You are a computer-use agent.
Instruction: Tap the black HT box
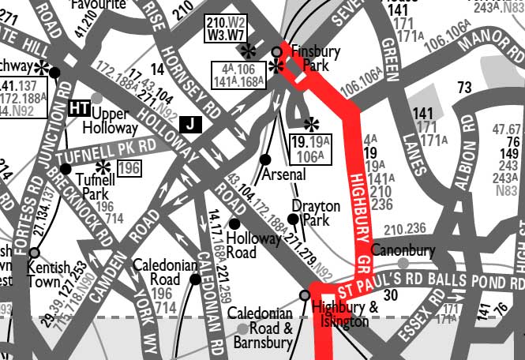point(78,108)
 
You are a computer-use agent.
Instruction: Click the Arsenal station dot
point(265,159)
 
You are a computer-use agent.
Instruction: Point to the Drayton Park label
point(315,213)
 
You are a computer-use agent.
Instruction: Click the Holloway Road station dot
point(234,224)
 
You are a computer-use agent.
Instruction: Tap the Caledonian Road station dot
point(195,279)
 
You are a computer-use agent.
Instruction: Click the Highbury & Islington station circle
point(305,296)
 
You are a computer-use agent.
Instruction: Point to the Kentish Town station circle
point(34,253)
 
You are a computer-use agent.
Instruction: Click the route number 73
point(464,86)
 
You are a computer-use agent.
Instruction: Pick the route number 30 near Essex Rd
point(389,294)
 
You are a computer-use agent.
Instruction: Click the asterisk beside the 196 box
point(102,167)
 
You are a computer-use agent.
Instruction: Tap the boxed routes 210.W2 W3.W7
point(226,28)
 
